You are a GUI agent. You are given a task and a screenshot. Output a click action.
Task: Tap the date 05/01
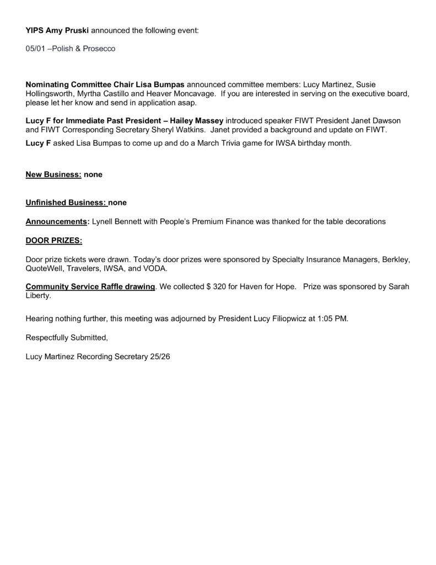tap(35, 49)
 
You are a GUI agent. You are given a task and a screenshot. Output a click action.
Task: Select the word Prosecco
tap(99, 49)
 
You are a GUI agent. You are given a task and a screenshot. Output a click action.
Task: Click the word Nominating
tap(48, 85)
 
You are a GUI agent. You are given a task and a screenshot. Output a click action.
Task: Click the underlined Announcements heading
tap(56, 221)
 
